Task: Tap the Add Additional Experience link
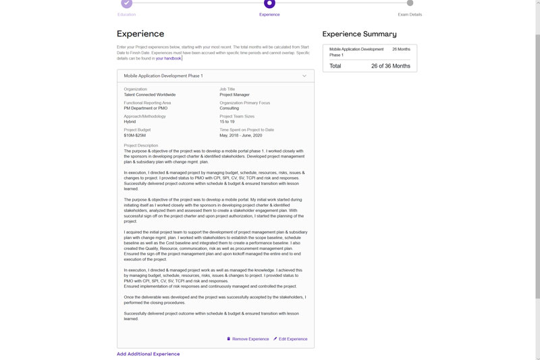pyautogui.click(x=148, y=354)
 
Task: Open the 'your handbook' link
pyautogui.click(x=168, y=59)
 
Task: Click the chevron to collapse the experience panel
pyautogui.click(x=304, y=76)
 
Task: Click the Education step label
pyautogui.click(x=126, y=14)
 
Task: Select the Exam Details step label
pyautogui.click(x=410, y=14)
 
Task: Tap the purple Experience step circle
pyautogui.click(x=269, y=3)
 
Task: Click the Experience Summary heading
pyautogui.click(x=359, y=34)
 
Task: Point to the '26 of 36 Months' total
pyautogui.click(x=390, y=66)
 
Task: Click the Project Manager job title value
pyautogui.click(x=234, y=95)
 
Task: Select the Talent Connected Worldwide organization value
pyautogui.click(x=149, y=95)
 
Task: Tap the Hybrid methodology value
pyautogui.click(x=130, y=122)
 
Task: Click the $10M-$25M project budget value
pyautogui.click(x=134, y=135)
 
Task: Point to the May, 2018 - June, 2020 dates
pyautogui.click(x=240, y=135)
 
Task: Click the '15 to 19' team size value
pyautogui.click(x=227, y=122)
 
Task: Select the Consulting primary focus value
pyautogui.click(x=229, y=108)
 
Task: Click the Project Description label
pyautogui.click(x=140, y=145)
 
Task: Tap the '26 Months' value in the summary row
pyautogui.click(x=401, y=49)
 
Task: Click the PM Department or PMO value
pyautogui.click(x=145, y=108)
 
